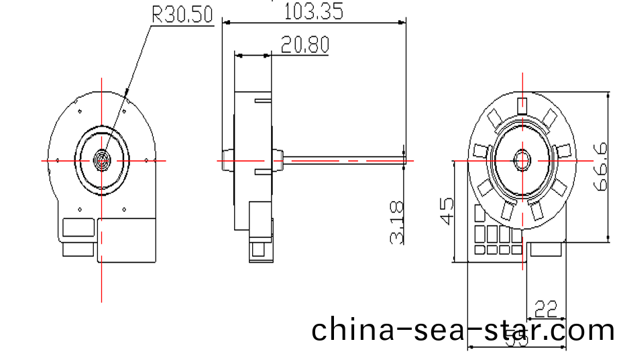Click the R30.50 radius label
183,15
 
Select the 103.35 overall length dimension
314,11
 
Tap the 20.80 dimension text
305,45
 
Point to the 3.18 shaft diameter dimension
397,222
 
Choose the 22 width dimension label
546,309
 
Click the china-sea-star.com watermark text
463,330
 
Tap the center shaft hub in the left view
102,160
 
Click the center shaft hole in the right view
522,161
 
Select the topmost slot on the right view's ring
522,104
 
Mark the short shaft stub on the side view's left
226,160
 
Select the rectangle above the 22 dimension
545,250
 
